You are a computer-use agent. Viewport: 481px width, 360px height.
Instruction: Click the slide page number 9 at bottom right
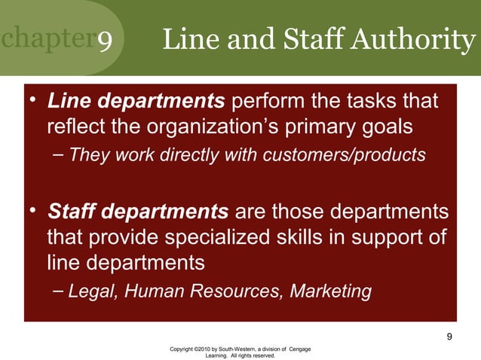449,336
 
